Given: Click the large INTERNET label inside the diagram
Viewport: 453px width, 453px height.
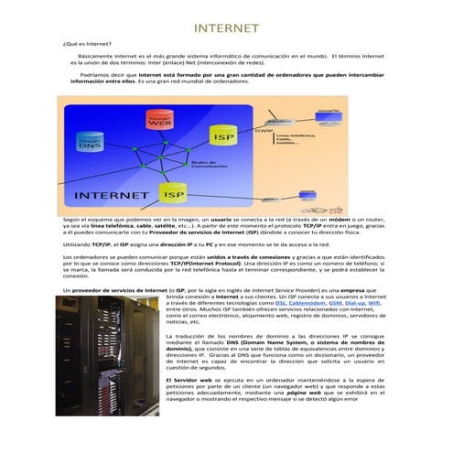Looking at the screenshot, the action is pos(112,195).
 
